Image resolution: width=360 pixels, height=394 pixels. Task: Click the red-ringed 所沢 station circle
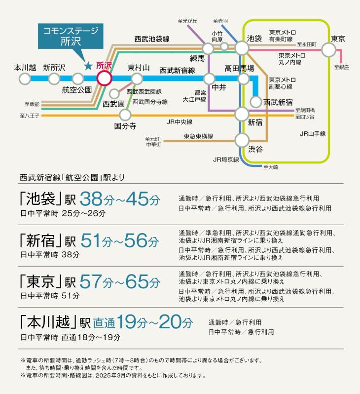[104, 79]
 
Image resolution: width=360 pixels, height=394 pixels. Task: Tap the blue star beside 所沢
[88, 66]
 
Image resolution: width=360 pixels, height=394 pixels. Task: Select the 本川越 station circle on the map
[25, 79]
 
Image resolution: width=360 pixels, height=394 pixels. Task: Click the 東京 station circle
[328, 50]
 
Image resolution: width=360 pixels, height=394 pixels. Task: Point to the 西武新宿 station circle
[256, 102]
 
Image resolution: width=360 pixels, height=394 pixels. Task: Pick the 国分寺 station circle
[125, 115]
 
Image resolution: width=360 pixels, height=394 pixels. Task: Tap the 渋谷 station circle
[242, 140]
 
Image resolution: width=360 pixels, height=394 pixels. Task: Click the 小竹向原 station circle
[224, 46]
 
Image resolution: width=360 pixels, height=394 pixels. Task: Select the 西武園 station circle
[114, 94]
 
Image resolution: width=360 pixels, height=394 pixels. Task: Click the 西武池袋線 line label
[152, 39]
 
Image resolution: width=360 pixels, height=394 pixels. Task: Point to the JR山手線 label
[313, 134]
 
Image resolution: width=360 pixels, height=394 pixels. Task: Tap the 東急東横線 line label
[198, 136]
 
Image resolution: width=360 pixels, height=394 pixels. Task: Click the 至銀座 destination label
[341, 67]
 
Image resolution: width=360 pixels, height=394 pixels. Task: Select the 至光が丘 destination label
[187, 21]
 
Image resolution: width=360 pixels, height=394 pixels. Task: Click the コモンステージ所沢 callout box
[71, 36]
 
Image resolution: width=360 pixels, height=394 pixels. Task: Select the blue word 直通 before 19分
[104, 323]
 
